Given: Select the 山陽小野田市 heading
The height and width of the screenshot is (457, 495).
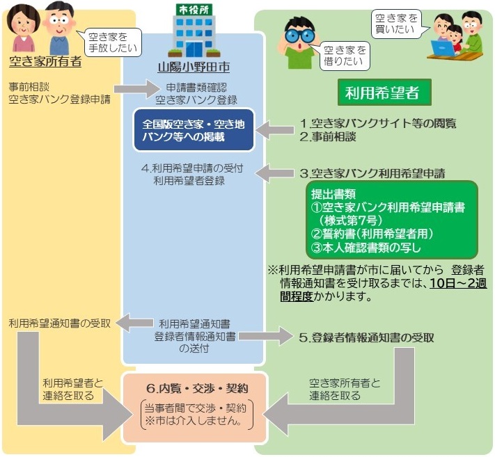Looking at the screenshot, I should point(194,68).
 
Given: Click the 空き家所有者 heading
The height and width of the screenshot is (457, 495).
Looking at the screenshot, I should point(45,61).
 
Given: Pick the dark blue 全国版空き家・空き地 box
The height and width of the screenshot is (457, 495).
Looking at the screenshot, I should point(194,129).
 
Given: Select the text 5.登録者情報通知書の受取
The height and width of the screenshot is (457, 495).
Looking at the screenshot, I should point(366,338).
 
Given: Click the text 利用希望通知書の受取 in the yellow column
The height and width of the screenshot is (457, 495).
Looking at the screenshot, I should point(59,323).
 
